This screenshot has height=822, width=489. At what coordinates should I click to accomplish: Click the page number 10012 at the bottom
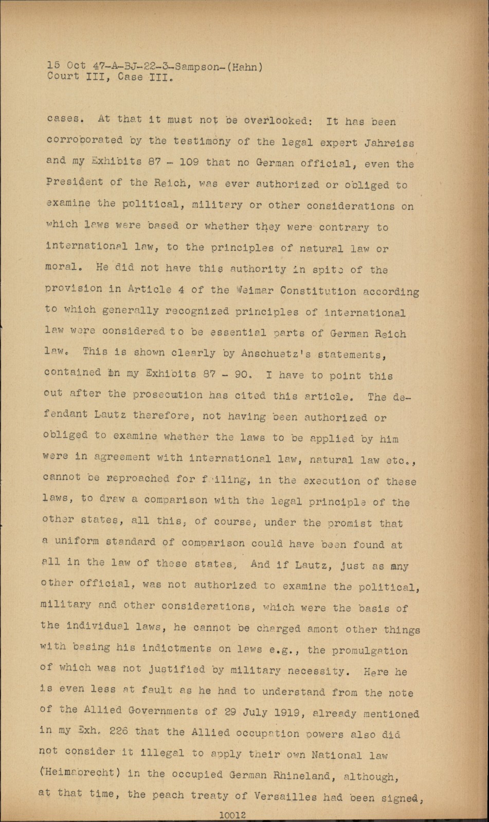[x=233, y=814]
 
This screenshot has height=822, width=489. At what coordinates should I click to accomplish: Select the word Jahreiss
[x=389, y=143]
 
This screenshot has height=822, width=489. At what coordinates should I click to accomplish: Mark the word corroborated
[x=85, y=140]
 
